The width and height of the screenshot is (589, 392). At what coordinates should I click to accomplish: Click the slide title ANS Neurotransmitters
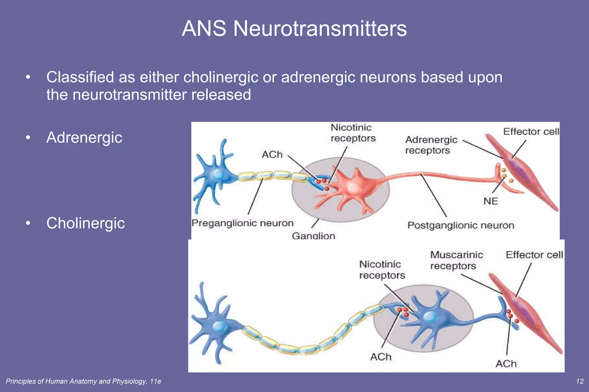click(294, 28)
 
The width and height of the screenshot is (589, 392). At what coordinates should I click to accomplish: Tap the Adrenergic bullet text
click(84, 138)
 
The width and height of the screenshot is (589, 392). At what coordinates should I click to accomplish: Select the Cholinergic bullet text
click(85, 223)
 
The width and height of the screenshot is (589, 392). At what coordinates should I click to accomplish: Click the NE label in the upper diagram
click(491, 201)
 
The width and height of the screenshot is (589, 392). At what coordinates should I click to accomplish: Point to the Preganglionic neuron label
click(242, 223)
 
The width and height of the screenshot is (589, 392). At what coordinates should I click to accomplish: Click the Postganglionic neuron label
click(461, 225)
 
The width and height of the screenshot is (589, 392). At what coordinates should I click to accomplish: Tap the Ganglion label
click(313, 236)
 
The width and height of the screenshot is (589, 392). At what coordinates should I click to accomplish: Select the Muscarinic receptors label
click(456, 260)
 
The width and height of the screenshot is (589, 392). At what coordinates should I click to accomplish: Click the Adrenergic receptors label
click(431, 145)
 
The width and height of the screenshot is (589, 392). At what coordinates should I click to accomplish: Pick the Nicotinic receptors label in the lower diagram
click(382, 270)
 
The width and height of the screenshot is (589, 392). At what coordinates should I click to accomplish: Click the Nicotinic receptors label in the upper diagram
click(353, 133)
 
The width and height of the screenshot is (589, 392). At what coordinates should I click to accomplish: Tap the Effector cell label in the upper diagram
click(531, 132)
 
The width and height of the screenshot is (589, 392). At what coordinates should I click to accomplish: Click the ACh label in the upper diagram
click(272, 155)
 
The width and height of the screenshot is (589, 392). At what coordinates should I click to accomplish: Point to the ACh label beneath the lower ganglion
click(381, 357)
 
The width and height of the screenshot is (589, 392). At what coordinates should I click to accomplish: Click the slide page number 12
click(580, 381)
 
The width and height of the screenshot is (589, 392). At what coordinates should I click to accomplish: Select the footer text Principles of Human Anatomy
click(83, 381)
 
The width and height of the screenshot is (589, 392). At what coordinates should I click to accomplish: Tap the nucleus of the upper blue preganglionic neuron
click(218, 174)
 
